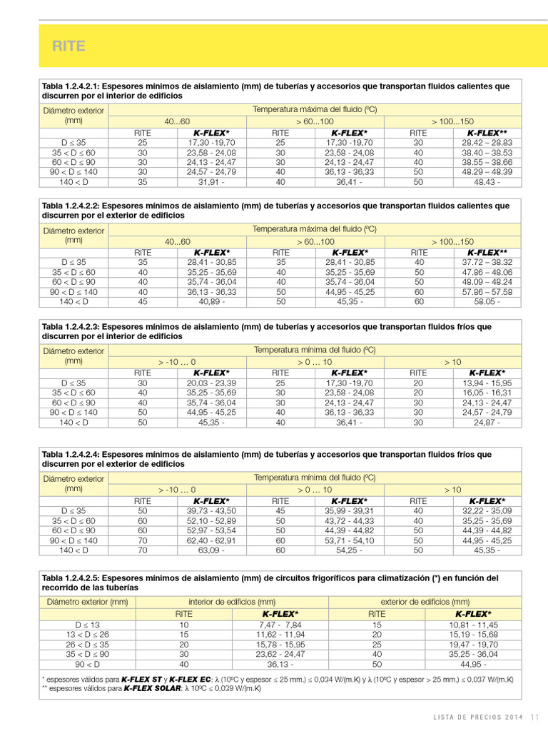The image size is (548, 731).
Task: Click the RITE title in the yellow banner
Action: coord(68,46)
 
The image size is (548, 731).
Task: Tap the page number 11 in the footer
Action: coord(534,717)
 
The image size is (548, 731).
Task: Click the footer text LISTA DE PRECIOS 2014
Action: coord(479,717)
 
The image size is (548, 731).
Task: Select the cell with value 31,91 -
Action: coord(211,182)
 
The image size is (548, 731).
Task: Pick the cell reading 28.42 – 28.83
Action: coord(487,143)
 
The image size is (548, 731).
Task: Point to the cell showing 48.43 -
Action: coord(487,182)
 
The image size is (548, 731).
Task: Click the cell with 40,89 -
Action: coord(211,301)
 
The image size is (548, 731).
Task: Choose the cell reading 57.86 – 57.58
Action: coord(487,292)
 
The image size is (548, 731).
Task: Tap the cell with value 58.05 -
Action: coord(487,301)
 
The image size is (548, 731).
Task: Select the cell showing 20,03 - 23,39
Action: coord(211,383)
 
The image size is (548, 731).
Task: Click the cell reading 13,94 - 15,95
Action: coord(487,383)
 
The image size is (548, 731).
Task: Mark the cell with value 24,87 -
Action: coord(487,422)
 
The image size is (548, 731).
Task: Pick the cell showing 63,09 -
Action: coord(211,550)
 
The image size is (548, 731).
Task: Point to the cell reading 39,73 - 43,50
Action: coord(211,511)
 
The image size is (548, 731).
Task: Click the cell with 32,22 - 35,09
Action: coord(487,511)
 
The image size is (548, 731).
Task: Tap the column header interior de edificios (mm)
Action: coord(232,601)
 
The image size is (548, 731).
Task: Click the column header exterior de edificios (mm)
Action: coord(425,601)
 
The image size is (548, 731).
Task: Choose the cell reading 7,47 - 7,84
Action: coord(280,624)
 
